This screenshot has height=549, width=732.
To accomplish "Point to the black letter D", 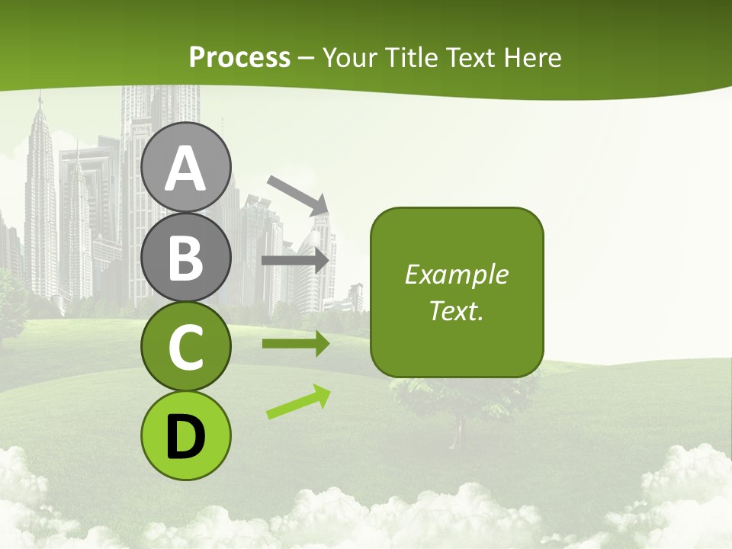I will click(x=185, y=437).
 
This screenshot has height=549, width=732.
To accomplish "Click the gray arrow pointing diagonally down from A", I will click(x=297, y=194).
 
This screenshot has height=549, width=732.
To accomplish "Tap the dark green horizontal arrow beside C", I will click(x=295, y=344).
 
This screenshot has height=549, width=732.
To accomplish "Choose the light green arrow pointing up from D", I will click(x=298, y=403).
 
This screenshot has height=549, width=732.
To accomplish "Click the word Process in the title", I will click(x=239, y=57).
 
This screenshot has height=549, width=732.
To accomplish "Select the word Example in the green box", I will click(x=456, y=274).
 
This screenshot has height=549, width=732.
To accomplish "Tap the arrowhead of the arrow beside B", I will click(x=325, y=261).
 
